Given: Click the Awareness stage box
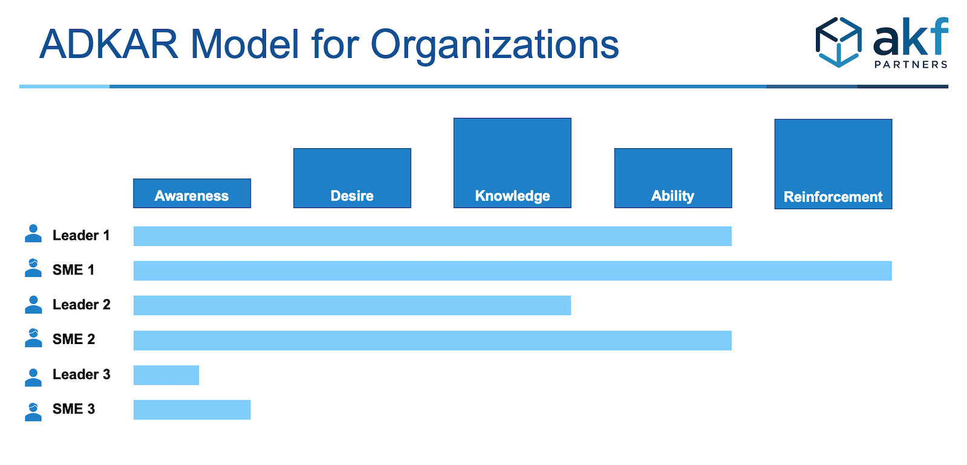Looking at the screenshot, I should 192,193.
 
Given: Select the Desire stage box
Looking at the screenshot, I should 352,178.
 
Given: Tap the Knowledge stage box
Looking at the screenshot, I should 512,163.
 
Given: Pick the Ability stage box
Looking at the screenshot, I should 673,178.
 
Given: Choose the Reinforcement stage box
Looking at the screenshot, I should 833,164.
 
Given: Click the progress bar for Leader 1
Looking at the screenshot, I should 432,236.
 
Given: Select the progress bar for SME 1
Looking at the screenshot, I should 513,271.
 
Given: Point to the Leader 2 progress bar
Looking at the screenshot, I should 352,305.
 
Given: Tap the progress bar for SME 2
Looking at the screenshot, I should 432,340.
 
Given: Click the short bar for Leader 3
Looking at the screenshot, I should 166,375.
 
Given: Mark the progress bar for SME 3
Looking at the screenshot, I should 192,410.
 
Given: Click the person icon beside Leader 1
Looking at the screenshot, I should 33,233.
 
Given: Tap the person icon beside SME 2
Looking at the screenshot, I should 33,338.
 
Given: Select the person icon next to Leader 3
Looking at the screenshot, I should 33,377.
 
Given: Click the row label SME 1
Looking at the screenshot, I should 73,270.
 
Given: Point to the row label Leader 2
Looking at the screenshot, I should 81,305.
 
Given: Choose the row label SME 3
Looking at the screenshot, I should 73,409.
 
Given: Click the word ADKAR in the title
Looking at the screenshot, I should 109,44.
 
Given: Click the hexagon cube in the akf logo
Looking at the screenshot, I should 838,42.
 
